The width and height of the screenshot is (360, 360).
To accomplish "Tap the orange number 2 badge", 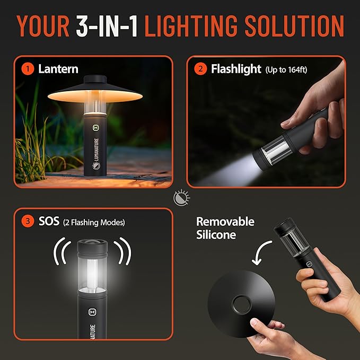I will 201,69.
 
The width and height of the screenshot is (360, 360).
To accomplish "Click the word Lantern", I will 58,69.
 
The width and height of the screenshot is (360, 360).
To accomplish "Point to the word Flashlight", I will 236,69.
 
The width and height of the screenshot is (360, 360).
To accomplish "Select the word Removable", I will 225,222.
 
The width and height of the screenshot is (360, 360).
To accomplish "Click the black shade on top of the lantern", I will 96,90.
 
